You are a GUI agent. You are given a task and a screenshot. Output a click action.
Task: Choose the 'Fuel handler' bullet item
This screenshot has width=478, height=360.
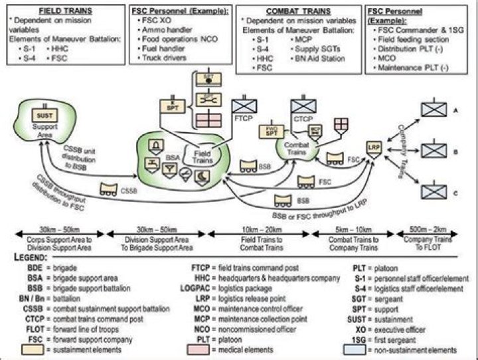pyautogui.click(x=163, y=49)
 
